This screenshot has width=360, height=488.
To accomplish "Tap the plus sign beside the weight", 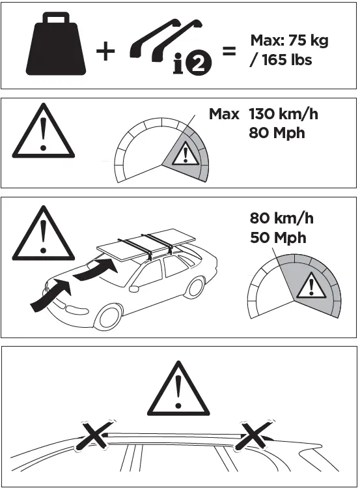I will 105,51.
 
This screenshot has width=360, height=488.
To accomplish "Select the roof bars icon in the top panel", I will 162,42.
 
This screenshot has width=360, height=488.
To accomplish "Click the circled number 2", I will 200,62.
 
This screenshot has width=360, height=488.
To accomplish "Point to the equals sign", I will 229,51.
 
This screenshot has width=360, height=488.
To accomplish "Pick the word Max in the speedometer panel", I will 224,114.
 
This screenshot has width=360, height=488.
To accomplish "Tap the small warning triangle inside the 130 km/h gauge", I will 186,155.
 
